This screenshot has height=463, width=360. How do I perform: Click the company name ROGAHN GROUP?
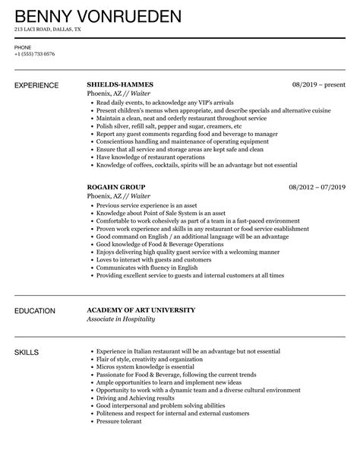pos(116,186)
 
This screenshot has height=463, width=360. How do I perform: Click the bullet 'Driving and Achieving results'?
pos(137,398)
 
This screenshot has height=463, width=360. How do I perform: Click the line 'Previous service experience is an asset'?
pos(150,205)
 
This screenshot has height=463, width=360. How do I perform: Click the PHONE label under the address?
pos(23,47)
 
